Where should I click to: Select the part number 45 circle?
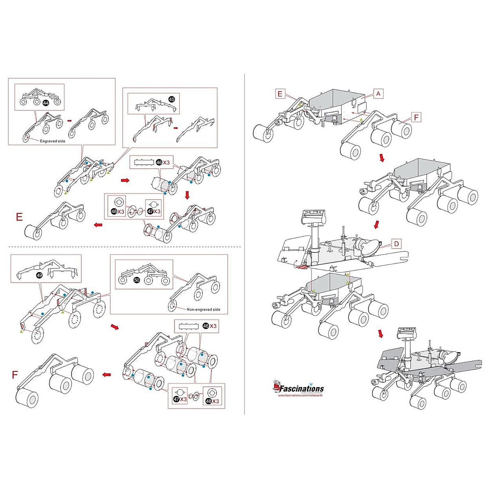[171, 99]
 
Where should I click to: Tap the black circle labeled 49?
[39, 275]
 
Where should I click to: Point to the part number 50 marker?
[137, 280]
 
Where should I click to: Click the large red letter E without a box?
[19, 217]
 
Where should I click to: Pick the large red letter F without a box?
[15, 374]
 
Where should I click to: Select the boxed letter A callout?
[378, 94]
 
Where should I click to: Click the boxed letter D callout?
[396, 244]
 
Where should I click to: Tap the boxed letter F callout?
[416, 118]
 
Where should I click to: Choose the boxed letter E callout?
[279, 94]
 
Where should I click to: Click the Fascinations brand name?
[301, 389]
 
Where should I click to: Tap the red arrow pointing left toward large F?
[107, 375]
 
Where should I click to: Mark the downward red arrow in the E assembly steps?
[187, 195]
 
